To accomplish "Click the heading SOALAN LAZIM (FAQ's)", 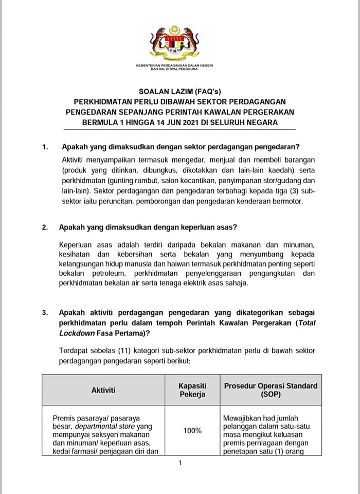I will [179, 91].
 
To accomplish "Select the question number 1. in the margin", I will [45, 147].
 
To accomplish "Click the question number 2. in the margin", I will [45, 227].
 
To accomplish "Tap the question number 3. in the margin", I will [45, 312].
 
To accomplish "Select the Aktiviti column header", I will [103, 390].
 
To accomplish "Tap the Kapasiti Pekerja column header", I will [192, 390].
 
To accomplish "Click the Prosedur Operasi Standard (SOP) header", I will [271, 390].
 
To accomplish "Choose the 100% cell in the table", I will [192, 430].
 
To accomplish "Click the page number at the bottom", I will [180, 463].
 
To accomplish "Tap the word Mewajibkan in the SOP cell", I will [243, 418].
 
